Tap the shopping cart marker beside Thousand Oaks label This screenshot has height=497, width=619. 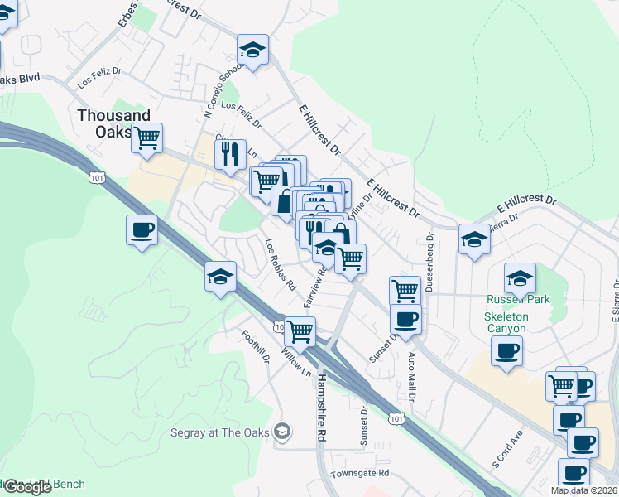pos(147,138)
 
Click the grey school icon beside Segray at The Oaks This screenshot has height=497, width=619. pos(282,431)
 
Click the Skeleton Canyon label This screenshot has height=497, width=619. pos(506,321)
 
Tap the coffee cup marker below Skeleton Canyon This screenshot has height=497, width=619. pos(506,351)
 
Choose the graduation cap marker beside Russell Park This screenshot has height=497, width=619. pos(520,278)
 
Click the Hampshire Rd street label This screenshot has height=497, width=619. pos(321,405)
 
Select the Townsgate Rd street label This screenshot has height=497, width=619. pos(359,473)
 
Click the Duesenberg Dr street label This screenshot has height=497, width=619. pos(430,260)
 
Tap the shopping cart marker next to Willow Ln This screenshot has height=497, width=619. pos(300,331)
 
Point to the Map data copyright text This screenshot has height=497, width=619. pos(584,490)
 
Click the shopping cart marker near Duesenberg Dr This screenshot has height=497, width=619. pos(405,291)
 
